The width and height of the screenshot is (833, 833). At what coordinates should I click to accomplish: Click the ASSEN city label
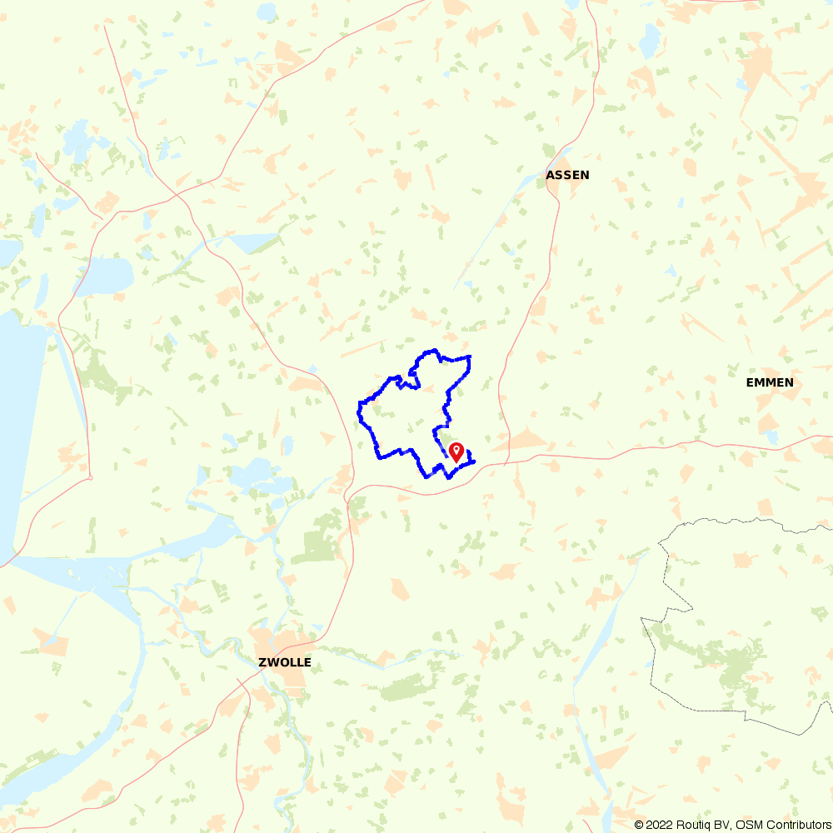pyautogui.click(x=567, y=175)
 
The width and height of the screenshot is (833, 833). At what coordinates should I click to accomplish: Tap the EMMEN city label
pyautogui.click(x=770, y=382)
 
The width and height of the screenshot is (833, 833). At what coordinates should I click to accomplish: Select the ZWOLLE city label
pyautogui.click(x=284, y=662)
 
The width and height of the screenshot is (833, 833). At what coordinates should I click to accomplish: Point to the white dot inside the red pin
pyautogui.click(x=456, y=450)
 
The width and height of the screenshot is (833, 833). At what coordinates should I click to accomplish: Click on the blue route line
pyautogui.click(x=360, y=408)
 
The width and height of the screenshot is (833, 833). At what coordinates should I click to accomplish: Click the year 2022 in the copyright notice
pyautogui.click(x=661, y=825)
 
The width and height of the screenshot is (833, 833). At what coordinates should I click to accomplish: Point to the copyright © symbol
pyautogui.click(x=640, y=825)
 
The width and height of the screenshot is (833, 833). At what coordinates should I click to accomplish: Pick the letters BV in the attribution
pyautogui.click(x=721, y=825)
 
